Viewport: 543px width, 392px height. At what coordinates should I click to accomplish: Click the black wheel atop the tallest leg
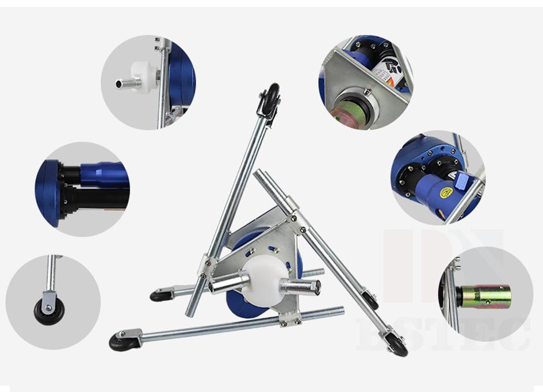pos(271,94)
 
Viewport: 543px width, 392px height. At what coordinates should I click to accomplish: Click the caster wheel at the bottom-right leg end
pos(398,347)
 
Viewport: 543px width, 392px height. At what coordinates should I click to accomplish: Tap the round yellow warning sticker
pos(445,193)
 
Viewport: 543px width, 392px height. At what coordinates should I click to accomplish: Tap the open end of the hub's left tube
pos(213,286)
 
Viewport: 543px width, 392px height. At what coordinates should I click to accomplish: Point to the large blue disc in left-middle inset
pos(50,193)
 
